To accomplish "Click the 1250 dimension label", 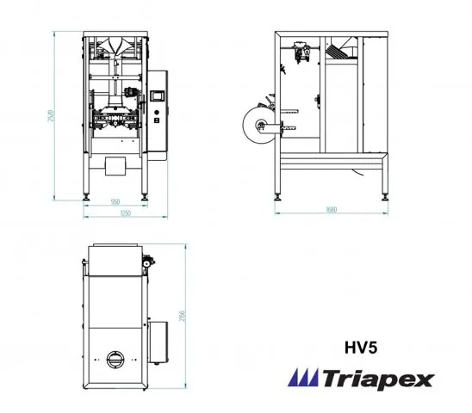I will pyautogui.click(x=124, y=213).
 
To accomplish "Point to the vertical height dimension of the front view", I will pyautogui.click(x=52, y=116).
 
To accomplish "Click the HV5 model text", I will pyautogui.click(x=358, y=349).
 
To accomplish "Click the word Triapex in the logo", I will pyautogui.click(x=378, y=379).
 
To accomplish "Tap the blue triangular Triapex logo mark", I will pyautogui.click(x=303, y=378).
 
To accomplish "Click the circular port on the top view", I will pyautogui.click(x=115, y=359).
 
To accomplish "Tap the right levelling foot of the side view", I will pyautogui.click(x=384, y=197).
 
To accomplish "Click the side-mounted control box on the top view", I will pyautogui.click(x=158, y=340).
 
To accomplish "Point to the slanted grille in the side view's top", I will pyautogui.click(x=340, y=52).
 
